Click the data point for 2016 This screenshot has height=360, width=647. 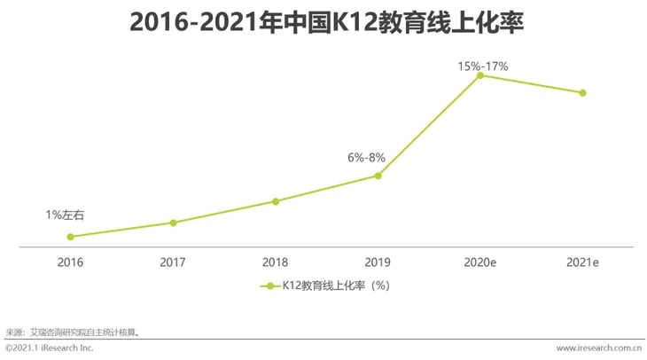tap(71, 237)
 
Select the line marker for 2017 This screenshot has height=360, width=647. tap(174, 223)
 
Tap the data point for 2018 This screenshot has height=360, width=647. tap(276, 201)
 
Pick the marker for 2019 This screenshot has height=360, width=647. tap(378, 176)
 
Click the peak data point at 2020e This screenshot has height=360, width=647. tap(480, 75)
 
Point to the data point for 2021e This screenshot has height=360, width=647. tap(582, 93)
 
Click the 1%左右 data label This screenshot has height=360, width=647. tap(66, 215)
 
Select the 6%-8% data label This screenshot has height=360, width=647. tap(366, 157)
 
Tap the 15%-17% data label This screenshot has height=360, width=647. tap(482, 66)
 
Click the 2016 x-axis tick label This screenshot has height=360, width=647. tap(71, 262)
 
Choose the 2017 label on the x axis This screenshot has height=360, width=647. tap(174, 262)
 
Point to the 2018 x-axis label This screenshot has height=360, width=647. tap(276, 262)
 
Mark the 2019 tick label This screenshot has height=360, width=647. tap(378, 262)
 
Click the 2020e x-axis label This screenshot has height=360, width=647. tap(480, 262)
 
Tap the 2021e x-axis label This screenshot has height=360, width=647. tap(582, 262)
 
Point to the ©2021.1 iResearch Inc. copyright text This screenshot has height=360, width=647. tap(50, 348)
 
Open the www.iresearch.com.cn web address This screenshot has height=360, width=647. tap(599, 348)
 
